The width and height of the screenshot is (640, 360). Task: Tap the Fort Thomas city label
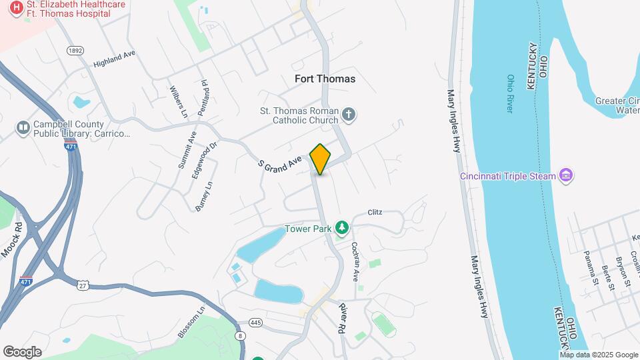coord(325,79)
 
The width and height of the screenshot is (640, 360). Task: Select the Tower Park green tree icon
coord(342,228)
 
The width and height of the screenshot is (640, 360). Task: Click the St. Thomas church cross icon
coord(348,115)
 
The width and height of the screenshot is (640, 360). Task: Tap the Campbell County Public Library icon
coord(23,127)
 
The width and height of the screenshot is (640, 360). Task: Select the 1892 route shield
coord(75,51)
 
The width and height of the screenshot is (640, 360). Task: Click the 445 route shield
coord(255,323)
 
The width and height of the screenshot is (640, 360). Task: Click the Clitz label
coord(375,213)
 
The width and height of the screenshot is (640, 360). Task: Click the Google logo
coord(22,352)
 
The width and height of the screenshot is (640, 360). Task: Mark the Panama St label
coord(591,267)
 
